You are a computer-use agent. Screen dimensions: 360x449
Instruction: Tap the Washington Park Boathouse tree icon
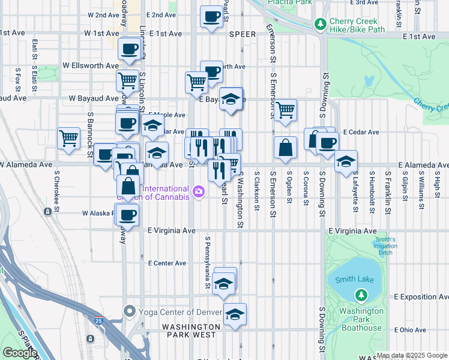pyautogui.click(x=361, y=295)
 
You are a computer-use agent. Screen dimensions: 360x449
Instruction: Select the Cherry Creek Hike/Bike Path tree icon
pyautogui.click(x=321, y=25)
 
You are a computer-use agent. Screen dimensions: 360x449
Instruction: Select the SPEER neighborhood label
pyautogui.click(x=242, y=34)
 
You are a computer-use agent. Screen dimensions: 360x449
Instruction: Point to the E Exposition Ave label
pyautogui.click(x=421, y=297)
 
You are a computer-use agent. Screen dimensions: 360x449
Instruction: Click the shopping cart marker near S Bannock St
pyautogui.click(x=68, y=137)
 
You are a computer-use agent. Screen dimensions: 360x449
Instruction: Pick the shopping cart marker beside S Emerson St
pyautogui.click(x=285, y=109)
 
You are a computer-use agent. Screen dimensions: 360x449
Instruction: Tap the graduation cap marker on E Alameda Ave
pyautogui.click(x=346, y=161)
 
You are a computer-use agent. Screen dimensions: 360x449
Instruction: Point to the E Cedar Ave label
pyautogui.click(x=361, y=132)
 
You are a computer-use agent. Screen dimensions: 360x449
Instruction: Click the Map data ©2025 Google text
pyautogui.click(x=412, y=355)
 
